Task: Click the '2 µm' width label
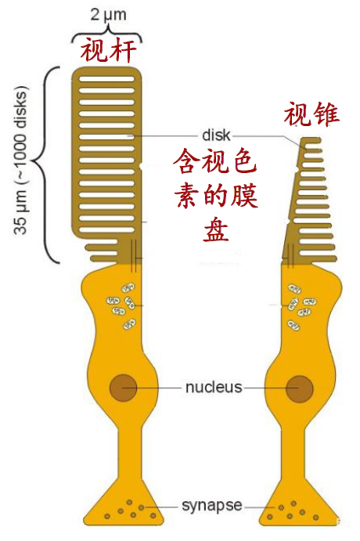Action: [x=108, y=15]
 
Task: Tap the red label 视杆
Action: [x=108, y=51]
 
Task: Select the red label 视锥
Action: [x=311, y=114]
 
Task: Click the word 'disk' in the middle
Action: [x=216, y=135]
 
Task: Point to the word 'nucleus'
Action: [x=214, y=387]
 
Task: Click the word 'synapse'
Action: [x=212, y=506]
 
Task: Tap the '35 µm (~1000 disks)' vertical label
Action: [x=20, y=160]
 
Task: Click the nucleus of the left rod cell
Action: [x=123, y=388]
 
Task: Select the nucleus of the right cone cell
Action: [x=300, y=389]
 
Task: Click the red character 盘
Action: [x=216, y=229]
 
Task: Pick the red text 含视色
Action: [x=215, y=161]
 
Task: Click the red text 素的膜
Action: [x=216, y=196]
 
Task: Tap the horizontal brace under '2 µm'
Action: [x=107, y=34]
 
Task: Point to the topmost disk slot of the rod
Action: [x=106, y=79]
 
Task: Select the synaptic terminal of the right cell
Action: [x=300, y=507]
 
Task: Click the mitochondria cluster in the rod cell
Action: [x=121, y=306]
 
